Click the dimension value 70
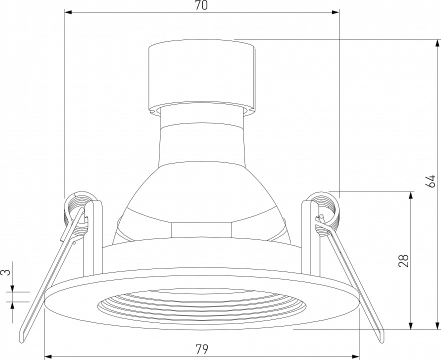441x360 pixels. [201, 5]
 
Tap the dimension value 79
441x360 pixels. [201, 349]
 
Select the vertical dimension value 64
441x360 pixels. [430, 181]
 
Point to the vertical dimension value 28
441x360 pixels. [403, 260]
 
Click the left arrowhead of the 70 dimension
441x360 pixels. [68, 12]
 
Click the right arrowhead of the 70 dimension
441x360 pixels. [335, 12]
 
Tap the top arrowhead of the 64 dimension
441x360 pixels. [437, 43]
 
